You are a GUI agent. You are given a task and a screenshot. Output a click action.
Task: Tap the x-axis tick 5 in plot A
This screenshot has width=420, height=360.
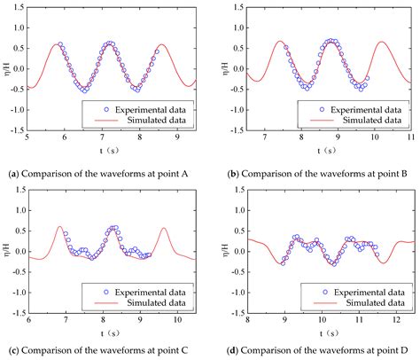[27, 137]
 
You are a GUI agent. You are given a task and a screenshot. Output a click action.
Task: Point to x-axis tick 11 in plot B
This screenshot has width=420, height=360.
[410, 137]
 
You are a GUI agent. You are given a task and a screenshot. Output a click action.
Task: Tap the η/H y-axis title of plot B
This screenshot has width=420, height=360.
[220, 68]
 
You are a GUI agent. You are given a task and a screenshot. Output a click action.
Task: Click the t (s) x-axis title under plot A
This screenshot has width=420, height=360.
[111, 149]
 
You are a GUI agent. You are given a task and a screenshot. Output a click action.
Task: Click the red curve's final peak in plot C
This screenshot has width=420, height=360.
[164, 228]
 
